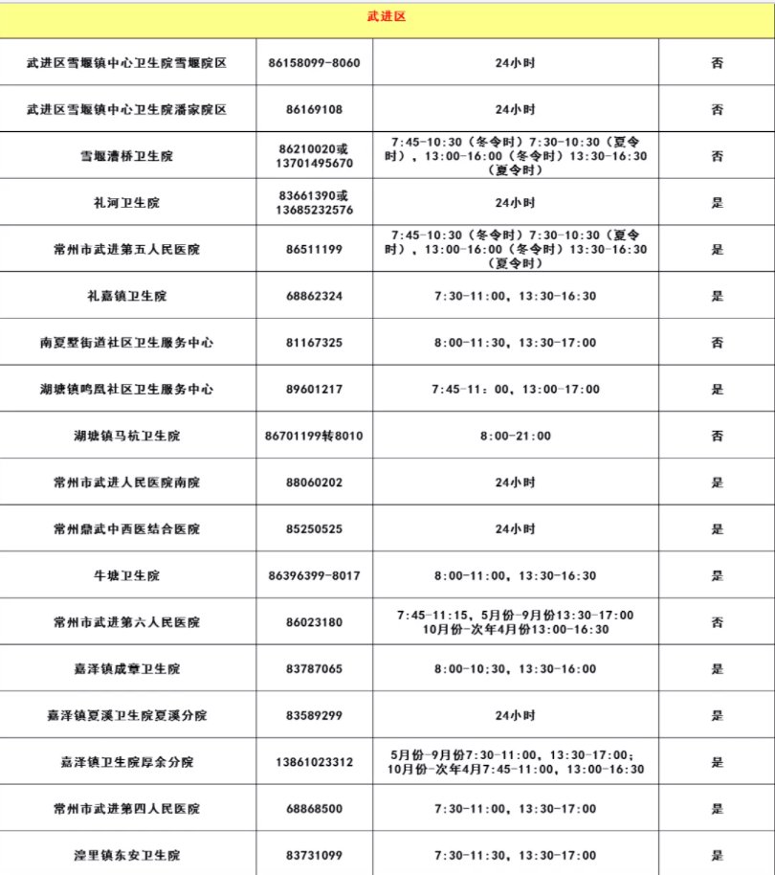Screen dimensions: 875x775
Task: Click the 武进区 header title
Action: point(387,17)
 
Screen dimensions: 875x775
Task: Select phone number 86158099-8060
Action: point(314,63)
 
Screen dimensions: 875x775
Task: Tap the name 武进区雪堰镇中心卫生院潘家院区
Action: point(127,109)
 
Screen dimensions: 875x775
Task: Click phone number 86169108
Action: point(314,109)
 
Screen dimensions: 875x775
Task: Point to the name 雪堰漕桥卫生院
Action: point(127,156)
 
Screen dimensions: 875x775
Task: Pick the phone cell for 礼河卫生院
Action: point(314,203)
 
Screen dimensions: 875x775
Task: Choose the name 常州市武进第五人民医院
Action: point(127,250)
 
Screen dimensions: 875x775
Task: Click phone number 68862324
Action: point(314,296)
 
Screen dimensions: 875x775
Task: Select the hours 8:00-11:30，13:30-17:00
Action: point(515,343)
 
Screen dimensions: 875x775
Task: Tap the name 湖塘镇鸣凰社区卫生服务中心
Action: point(127,390)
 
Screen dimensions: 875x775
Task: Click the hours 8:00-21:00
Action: point(515,437)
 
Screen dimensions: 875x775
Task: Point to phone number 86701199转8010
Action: point(314,437)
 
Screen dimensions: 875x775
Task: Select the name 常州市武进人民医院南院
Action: point(127,483)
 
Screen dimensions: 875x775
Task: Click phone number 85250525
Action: point(314,529)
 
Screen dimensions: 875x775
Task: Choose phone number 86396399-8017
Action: point(314,576)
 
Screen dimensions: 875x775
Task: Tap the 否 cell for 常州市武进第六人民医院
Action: point(717,622)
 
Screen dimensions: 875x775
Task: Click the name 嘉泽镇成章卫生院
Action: point(127,669)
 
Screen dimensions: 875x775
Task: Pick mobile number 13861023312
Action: point(314,763)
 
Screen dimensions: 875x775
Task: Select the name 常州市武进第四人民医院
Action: point(127,809)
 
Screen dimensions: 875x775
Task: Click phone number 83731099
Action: point(314,856)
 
